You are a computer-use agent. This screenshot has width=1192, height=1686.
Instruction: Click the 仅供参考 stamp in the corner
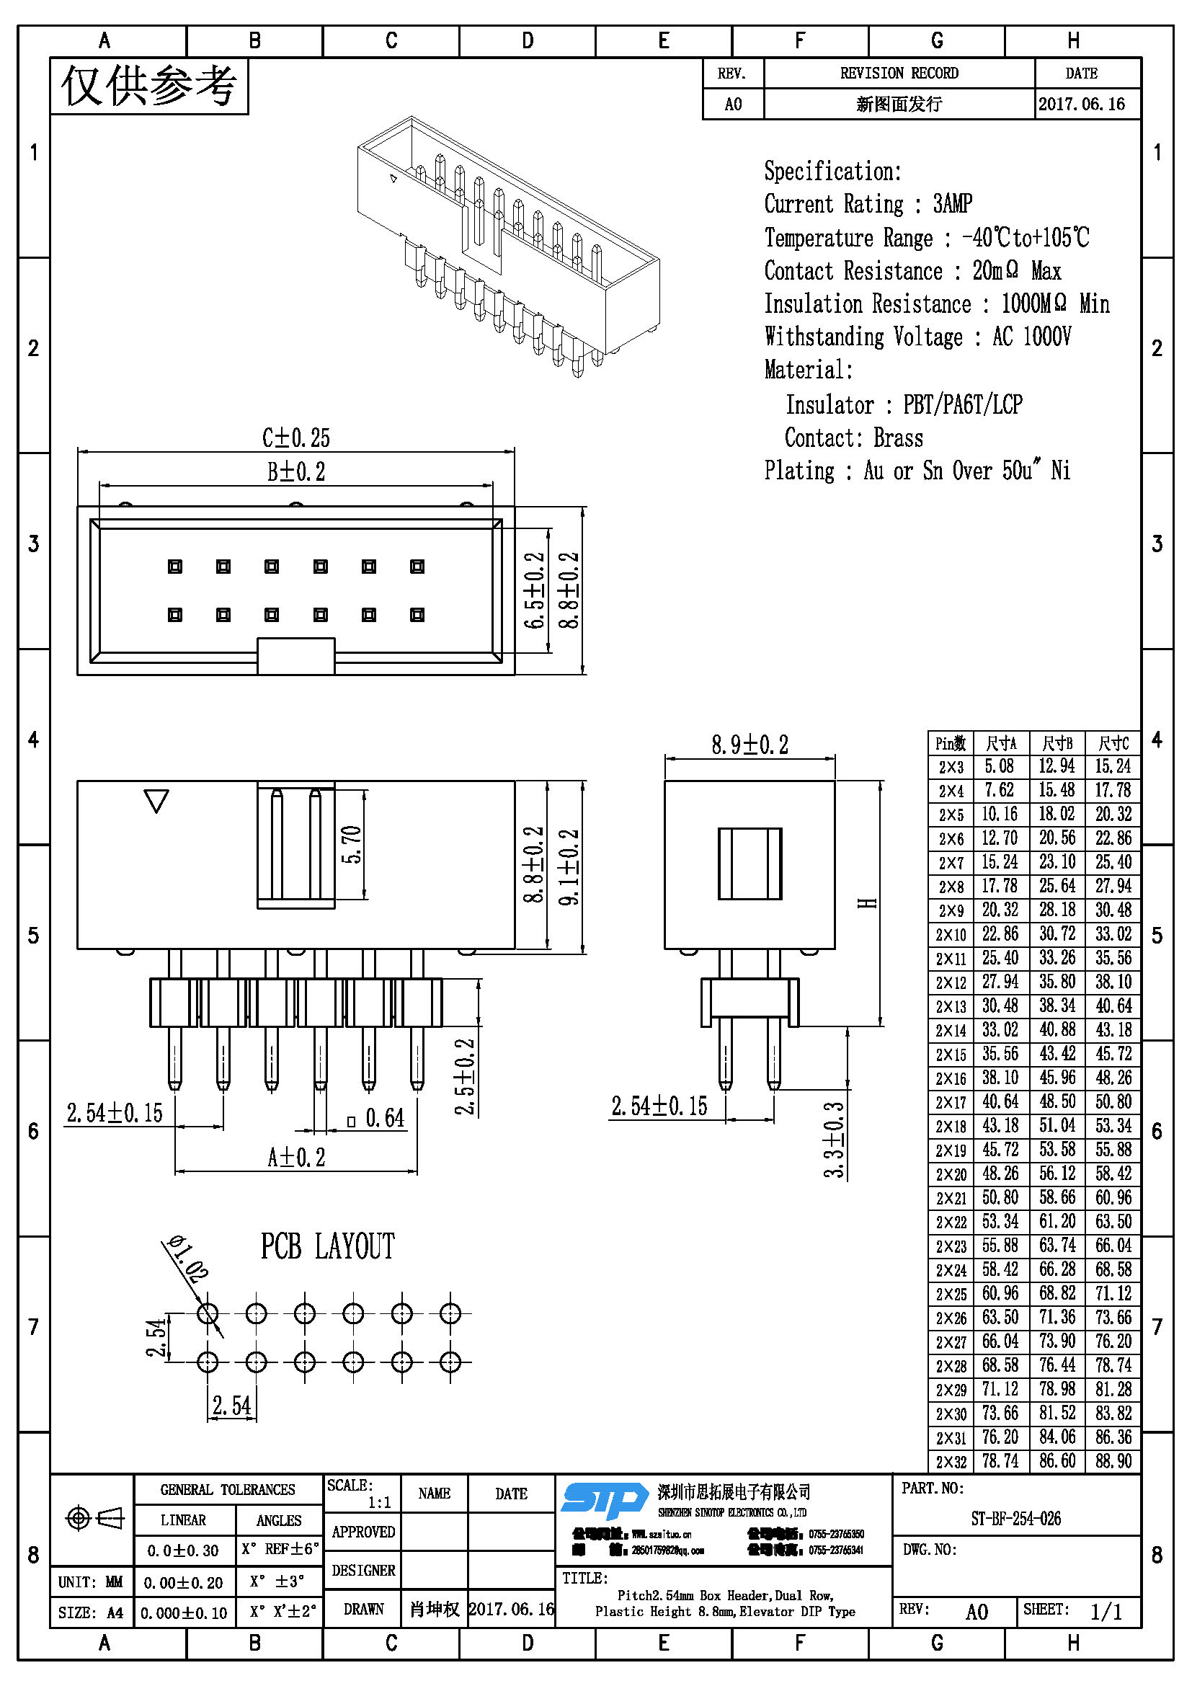[149, 86]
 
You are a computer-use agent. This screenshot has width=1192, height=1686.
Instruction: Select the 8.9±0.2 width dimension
[750, 745]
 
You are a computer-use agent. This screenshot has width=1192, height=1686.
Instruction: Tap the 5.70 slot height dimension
[352, 845]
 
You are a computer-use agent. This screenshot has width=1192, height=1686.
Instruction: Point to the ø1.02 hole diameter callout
[188, 1258]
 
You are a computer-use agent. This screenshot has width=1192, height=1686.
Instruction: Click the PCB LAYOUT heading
[327, 1247]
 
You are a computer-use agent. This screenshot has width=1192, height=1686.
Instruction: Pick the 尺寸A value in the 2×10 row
[1000, 934]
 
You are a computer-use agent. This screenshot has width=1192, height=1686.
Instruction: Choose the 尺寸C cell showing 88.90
[1113, 1461]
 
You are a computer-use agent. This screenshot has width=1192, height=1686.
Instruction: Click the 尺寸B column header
[1057, 743]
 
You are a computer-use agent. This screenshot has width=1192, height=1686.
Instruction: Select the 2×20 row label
[951, 1174]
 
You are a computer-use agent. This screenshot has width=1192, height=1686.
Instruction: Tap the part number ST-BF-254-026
[1016, 1519]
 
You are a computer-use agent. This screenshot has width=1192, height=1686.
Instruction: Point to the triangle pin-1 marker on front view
[156, 800]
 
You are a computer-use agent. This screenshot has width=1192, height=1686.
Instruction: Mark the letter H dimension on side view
[868, 902]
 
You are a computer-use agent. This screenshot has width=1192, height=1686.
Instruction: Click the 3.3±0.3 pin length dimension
[835, 1140]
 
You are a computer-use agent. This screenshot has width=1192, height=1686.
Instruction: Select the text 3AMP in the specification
[952, 203]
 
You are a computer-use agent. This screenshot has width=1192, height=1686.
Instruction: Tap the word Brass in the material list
[898, 438]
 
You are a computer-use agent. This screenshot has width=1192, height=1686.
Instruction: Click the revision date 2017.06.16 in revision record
[1081, 105]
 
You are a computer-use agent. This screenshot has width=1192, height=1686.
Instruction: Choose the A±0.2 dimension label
[295, 1158]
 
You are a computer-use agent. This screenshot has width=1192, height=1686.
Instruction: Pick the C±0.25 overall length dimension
[295, 438]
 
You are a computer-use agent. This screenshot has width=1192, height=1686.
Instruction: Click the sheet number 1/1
[1106, 1612]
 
